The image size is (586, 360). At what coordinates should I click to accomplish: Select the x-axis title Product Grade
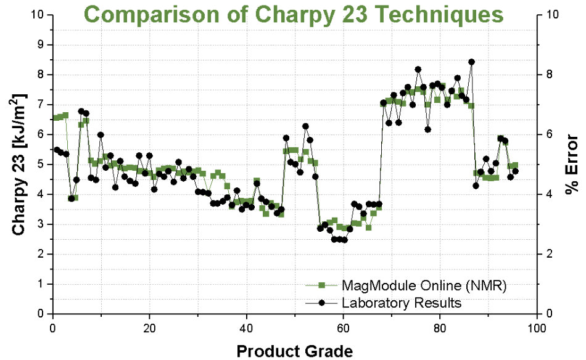click(295, 351)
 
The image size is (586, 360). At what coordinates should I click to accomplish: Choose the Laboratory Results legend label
click(401, 303)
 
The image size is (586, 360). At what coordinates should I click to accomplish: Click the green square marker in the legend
click(321, 285)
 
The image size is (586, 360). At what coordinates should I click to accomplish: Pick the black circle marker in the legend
click(321, 303)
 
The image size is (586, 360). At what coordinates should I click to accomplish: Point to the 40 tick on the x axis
click(246, 326)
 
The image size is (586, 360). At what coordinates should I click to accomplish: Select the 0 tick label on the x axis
click(53, 326)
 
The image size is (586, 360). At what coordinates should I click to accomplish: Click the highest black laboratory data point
click(471, 62)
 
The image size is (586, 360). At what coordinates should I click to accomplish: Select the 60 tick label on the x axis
click(343, 326)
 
